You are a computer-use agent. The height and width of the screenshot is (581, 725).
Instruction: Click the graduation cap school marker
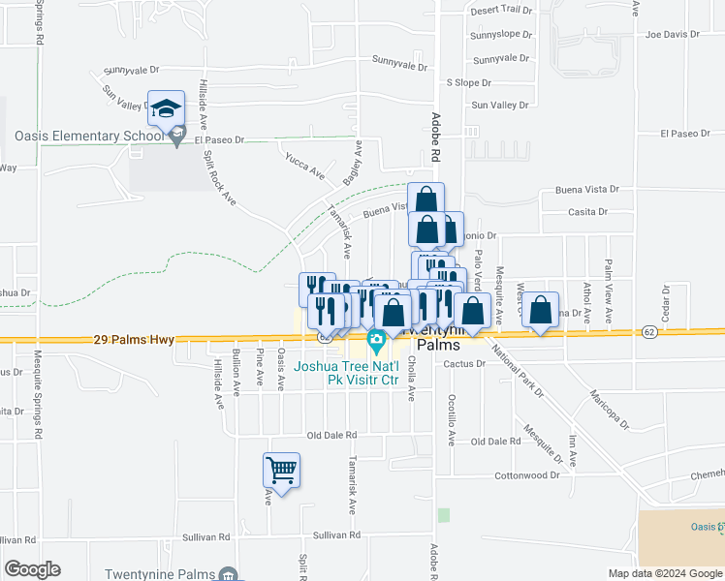(x=166, y=107)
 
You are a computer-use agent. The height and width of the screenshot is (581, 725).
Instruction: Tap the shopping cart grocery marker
(x=281, y=472)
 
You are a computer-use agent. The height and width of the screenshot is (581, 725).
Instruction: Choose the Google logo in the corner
(x=33, y=569)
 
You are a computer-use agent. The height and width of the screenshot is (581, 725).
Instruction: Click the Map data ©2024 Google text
(x=665, y=573)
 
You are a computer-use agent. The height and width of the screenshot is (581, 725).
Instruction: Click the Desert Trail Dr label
(x=502, y=10)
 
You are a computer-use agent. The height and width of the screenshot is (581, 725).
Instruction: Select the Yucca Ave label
(x=304, y=165)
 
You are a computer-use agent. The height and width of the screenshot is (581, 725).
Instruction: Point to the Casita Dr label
(x=587, y=211)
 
